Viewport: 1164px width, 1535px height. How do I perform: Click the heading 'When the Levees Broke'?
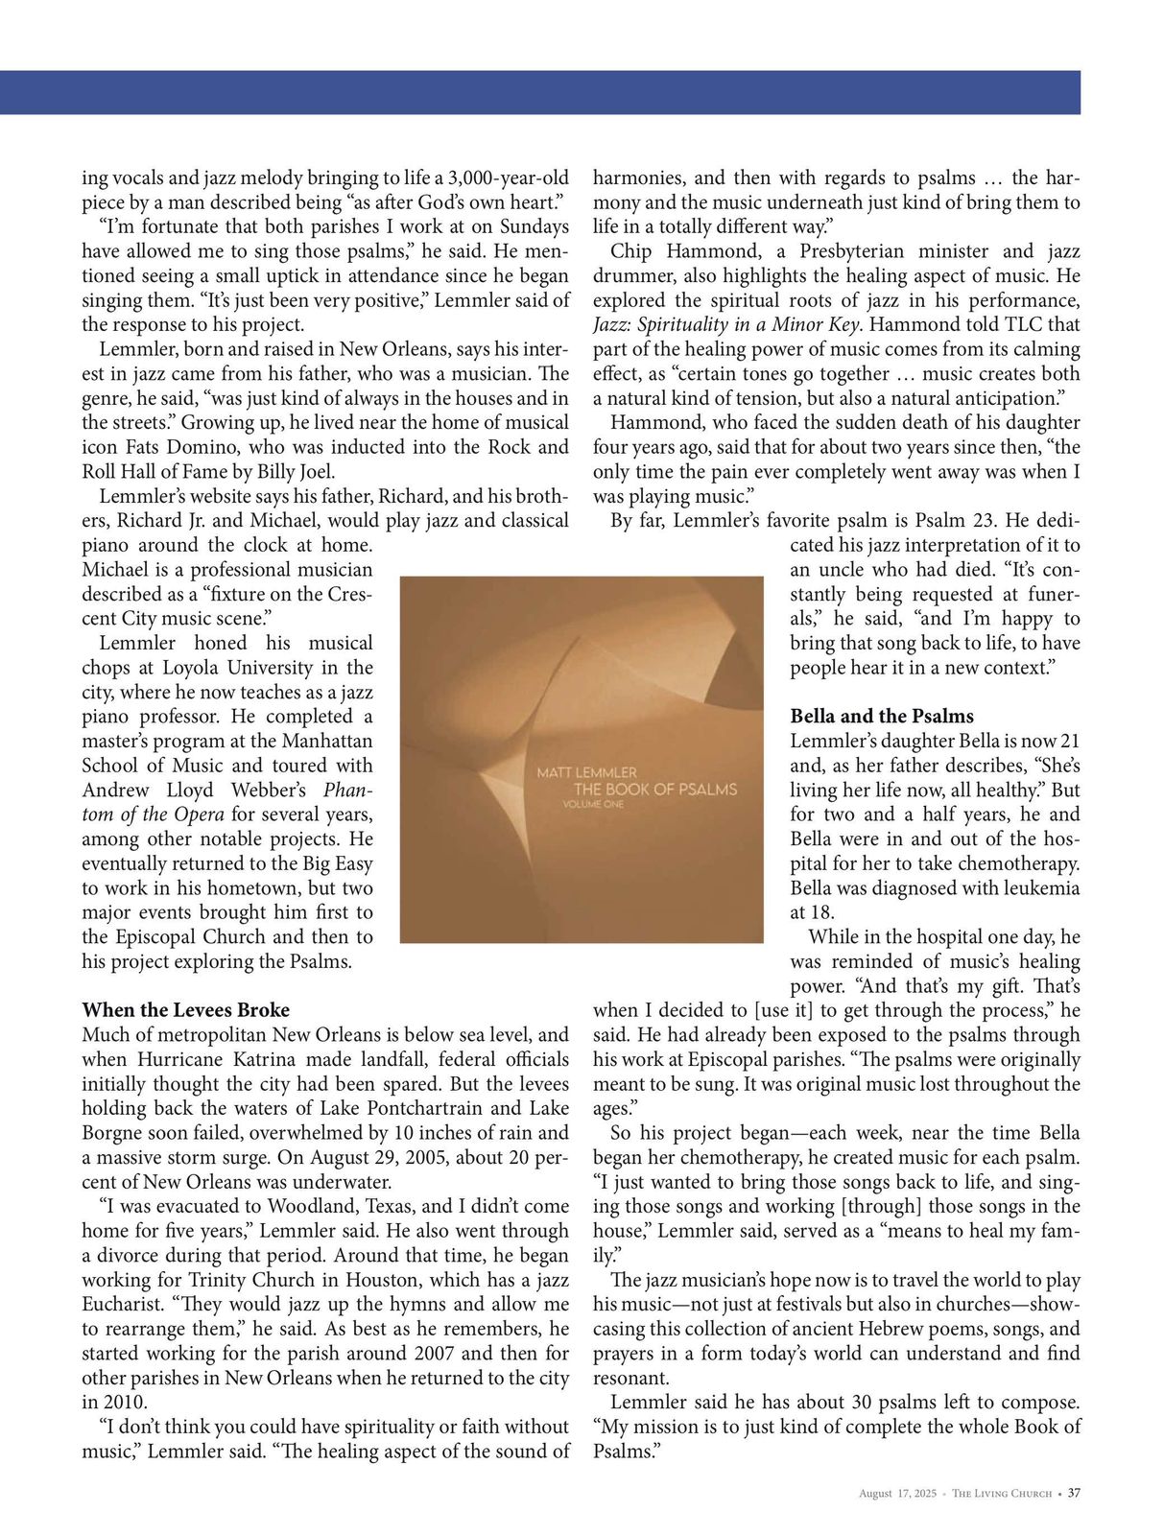pos(185,1010)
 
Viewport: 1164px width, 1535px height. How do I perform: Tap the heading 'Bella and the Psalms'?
pos(881,716)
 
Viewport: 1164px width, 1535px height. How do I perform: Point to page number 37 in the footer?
pos(1074,1493)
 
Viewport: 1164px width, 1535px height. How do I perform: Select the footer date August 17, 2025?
pos(897,1494)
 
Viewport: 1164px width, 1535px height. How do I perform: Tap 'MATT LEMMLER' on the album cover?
pos(586,772)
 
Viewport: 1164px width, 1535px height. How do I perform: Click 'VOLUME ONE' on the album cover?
pos(593,804)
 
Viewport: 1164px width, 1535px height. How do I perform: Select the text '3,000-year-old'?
pos(509,177)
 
